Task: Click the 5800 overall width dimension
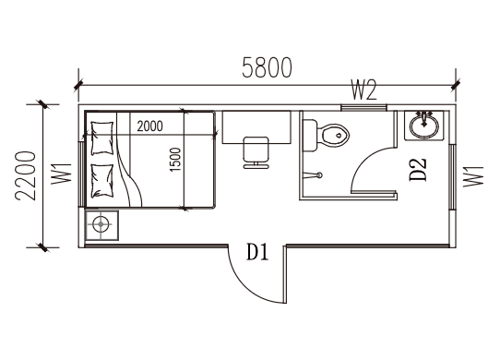(267, 67)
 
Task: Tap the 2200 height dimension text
(25, 176)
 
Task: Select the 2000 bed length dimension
(149, 126)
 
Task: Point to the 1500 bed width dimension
(175, 160)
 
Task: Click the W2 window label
(363, 90)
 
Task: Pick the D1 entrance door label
(257, 252)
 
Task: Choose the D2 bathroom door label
(418, 169)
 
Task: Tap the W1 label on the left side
(62, 174)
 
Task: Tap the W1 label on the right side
(473, 176)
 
